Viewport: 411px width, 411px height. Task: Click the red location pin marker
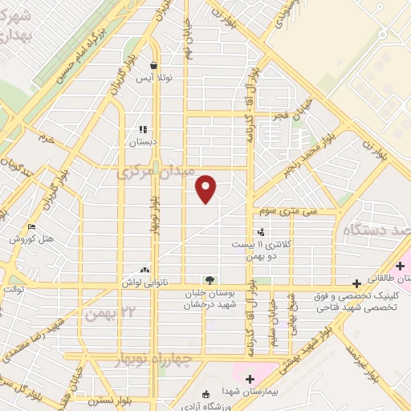[207, 189]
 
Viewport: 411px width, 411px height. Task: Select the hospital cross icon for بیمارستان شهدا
[249, 379]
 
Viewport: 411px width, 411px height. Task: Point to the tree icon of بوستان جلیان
[210, 280]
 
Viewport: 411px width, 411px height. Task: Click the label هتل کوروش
[31, 239]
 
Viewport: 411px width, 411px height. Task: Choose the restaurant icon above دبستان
[143, 128]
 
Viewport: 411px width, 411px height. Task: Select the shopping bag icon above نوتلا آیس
[154, 65]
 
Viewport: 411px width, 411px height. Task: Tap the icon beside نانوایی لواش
[144, 271]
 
